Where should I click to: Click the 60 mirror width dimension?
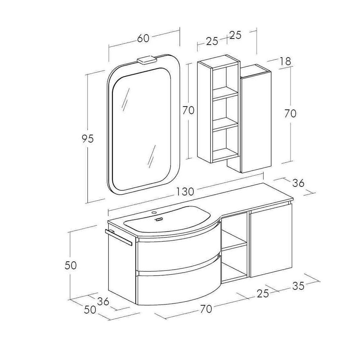point(143,39)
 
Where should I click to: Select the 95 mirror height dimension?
point(88,139)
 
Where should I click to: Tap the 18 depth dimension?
point(285,61)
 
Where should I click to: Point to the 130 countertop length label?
point(185,191)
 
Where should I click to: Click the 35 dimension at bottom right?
point(298,286)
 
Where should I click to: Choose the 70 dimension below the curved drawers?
point(206,309)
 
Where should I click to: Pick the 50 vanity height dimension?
point(71,265)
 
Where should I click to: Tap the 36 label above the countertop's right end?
point(298,183)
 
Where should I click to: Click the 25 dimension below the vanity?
point(263,293)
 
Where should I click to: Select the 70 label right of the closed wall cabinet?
point(290,113)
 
